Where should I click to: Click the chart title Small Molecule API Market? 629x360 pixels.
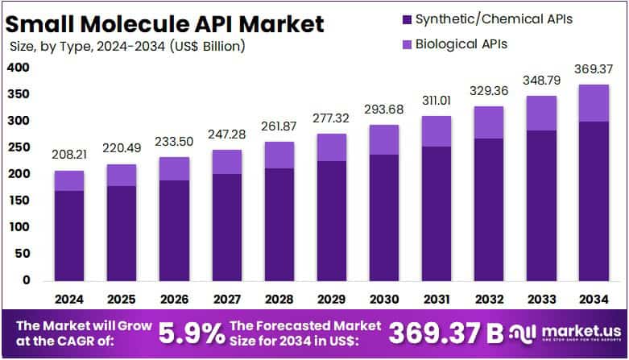pos(166,23)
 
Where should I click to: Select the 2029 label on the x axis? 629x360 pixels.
pos(332,298)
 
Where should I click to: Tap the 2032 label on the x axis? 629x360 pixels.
pos(489,298)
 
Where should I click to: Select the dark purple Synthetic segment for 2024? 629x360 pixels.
pos(69,235)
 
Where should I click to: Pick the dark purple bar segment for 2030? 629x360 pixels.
pos(384,217)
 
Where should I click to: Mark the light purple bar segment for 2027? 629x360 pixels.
pos(227,162)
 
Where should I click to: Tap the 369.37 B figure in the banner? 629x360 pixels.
pos(446,332)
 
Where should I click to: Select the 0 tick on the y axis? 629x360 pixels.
pos(26,280)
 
